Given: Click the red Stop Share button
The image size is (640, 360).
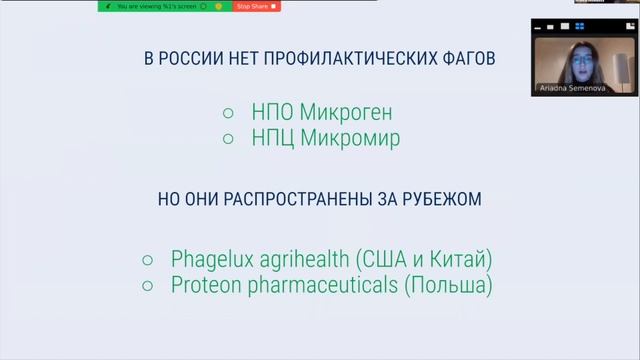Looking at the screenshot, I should click(257, 6).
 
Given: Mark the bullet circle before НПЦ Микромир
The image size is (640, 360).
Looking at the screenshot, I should click(227, 139).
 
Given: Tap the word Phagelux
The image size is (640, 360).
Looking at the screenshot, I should click(215, 260).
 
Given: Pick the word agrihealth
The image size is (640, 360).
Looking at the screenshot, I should click(308, 260).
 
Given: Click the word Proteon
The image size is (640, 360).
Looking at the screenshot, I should click(208, 286).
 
